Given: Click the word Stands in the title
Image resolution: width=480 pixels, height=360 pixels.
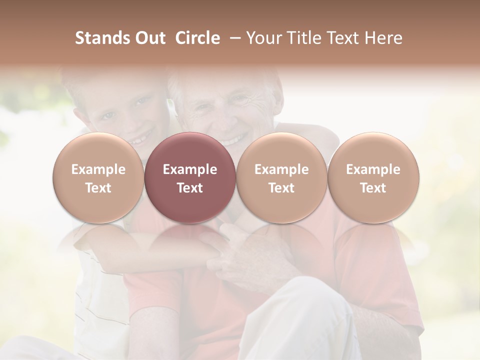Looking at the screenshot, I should [102, 38].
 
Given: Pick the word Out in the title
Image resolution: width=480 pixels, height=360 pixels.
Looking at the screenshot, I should [149, 38].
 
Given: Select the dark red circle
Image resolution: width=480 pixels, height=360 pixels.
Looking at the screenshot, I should [190, 177].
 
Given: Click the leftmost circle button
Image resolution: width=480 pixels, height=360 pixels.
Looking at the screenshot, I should [98, 177].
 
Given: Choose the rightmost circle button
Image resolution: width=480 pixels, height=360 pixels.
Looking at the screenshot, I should [373, 177].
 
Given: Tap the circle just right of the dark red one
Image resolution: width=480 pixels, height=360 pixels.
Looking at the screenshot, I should [281, 177].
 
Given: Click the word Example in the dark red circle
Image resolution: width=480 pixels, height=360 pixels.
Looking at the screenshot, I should [190, 169].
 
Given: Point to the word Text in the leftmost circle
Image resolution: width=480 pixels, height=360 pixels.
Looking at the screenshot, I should [98, 188].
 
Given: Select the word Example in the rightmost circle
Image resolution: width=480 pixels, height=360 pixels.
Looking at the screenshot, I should [373, 169].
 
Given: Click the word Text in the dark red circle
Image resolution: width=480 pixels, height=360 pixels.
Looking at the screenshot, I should [190, 188].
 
